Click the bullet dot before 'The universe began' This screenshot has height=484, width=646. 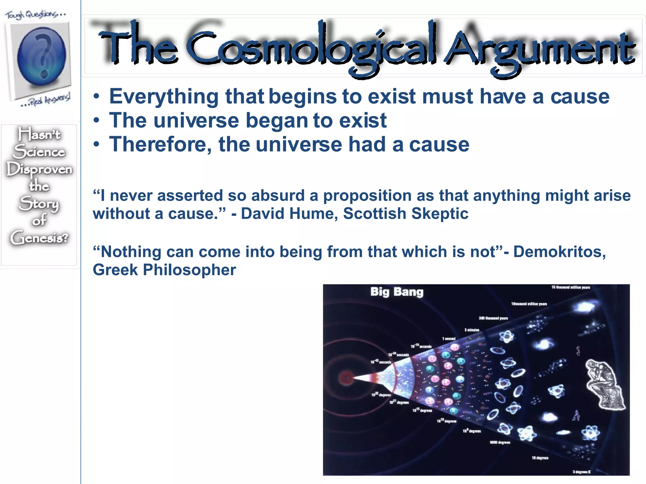(x=97, y=121)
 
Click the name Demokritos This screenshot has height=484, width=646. (x=559, y=252)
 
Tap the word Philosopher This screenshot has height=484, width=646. (x=189, y=270)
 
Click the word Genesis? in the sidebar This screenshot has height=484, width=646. (x=39, y=238)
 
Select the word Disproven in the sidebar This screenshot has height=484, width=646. (x=39, y=170)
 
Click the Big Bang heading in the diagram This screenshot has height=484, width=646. (x=396, y=292)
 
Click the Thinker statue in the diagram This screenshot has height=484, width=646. (x=604, y=385)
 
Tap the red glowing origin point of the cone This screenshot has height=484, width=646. (x=347, y=377)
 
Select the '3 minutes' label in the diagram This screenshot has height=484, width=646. (x=472, y=330)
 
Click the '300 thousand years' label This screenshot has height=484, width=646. (x=493, y=318)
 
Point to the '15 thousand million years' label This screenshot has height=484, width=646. (x=570, y=287)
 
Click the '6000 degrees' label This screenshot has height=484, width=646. (x=500, y=442)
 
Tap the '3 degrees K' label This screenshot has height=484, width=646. (x=581, y=472)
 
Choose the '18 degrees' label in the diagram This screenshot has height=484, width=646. (x=540, y=458)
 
